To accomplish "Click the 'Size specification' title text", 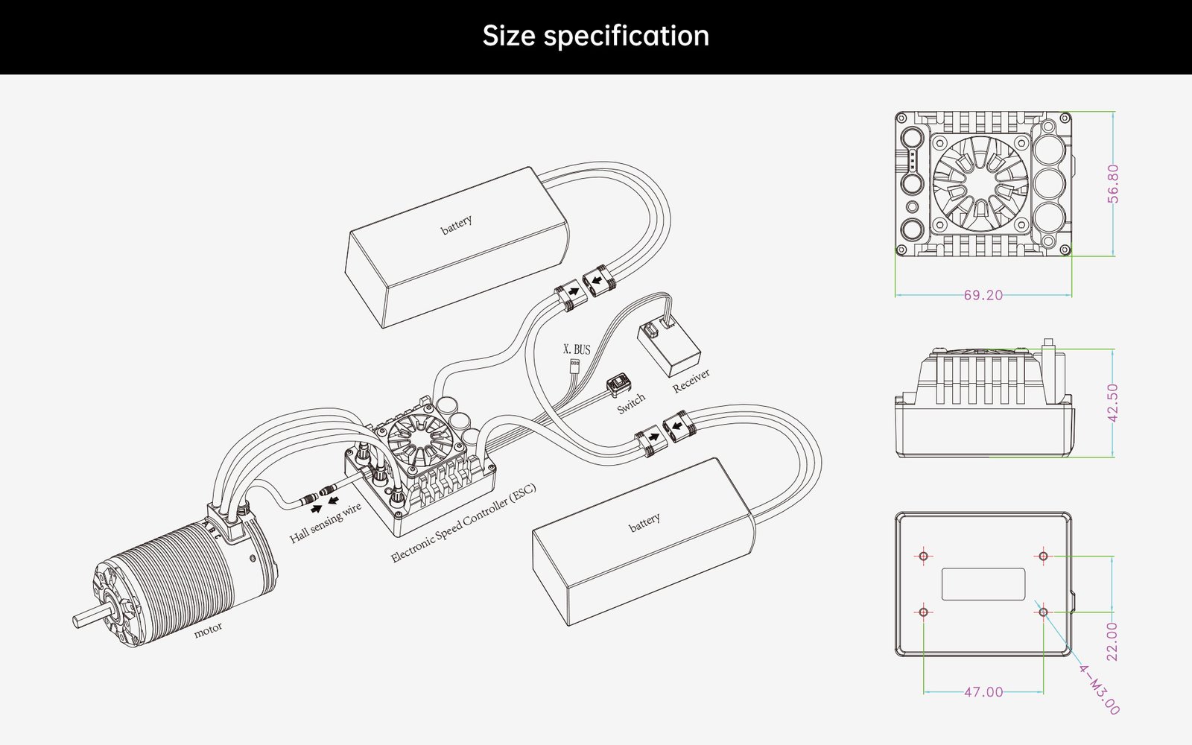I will point(595,36).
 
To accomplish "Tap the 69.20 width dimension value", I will point(983,295).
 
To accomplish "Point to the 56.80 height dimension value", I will point(1113,183).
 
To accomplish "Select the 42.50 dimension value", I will point(1113,402).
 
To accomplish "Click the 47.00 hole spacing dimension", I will point(983,692).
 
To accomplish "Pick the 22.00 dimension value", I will point(1112,641).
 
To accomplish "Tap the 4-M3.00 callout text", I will point(1099,689).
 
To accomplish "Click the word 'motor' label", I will point(208,630).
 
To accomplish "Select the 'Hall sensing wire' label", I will point(326,522).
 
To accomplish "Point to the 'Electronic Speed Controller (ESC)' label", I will point(463,523).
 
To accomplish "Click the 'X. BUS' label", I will point(576,349).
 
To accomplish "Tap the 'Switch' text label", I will point(630,404).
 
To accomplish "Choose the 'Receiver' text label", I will point(691,380).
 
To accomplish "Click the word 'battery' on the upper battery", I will point(456,224).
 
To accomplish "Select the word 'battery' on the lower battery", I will point(644,522).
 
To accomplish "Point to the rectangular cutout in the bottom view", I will point(983,584).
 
